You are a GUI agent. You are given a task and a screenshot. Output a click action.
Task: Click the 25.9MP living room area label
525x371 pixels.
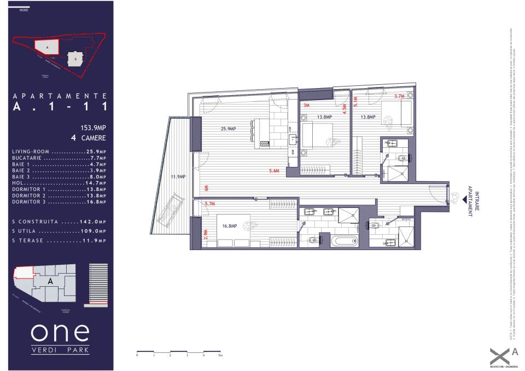[228, 129]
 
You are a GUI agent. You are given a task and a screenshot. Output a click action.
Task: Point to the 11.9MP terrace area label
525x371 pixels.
[178, 176]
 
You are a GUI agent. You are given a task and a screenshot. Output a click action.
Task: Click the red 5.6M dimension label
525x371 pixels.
[275, 171]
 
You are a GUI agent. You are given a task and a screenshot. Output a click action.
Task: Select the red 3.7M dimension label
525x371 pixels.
[399, 97]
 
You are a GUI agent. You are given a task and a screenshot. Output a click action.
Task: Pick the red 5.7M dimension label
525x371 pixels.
[209, 204]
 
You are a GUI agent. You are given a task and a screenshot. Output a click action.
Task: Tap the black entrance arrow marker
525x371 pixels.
[465, 200]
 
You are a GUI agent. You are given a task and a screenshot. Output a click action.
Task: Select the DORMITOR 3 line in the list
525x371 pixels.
[59, 202]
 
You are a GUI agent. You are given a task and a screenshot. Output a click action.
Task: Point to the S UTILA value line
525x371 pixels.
[59, 231]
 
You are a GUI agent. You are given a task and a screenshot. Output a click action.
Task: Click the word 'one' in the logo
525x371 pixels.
[60, 332]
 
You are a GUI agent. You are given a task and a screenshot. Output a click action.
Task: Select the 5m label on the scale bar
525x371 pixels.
[220, 356]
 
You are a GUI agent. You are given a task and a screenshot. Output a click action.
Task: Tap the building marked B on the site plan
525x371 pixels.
[74, 59]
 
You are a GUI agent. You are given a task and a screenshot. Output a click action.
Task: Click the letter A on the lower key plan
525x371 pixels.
[50, 281]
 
